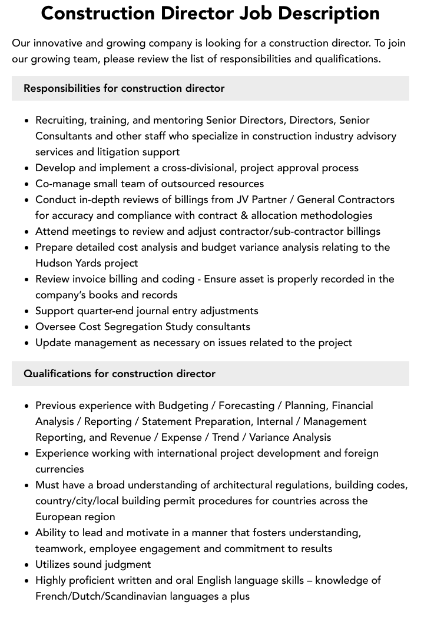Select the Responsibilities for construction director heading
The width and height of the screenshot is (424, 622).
click(x=124, y=88)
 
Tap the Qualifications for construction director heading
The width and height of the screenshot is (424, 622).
click(x=120, y=374)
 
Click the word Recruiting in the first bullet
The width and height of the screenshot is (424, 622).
click(x=59, y=120)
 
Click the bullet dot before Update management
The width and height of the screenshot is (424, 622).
click(x=26, y=343)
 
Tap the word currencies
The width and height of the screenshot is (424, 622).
click(x=59, y=469)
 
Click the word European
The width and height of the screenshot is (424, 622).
click(x=59, y=517)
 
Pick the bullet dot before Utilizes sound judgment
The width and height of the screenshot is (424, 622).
click(x=26, y=565)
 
